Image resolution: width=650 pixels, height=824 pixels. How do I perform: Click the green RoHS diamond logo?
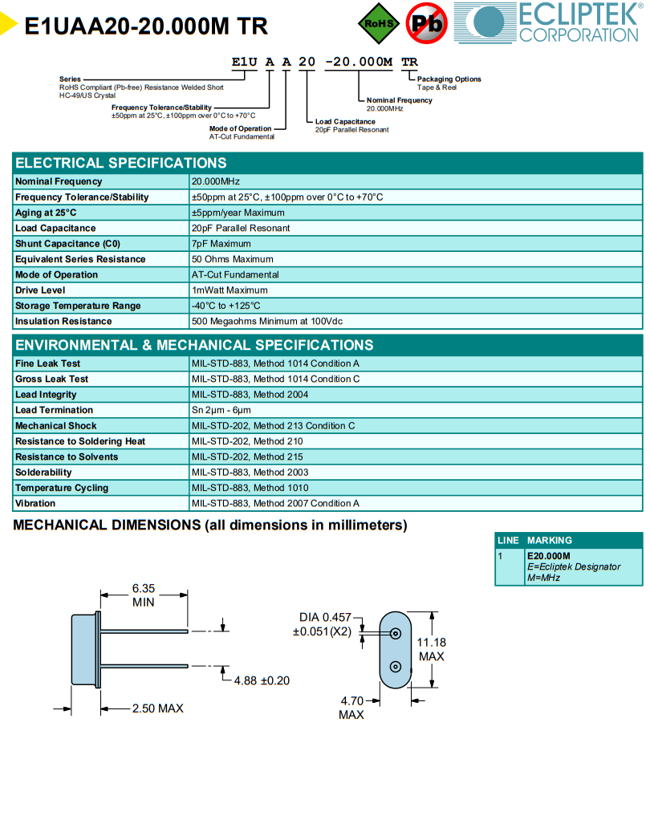click(x=379, y=23)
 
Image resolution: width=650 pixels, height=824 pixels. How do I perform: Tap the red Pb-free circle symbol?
click(x=427, y=23)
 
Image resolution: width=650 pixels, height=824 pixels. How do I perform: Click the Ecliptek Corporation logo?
click(x=549, y=22)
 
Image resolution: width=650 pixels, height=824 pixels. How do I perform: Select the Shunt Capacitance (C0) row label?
click(x=67, y=244)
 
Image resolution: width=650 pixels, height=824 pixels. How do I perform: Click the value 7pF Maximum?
click(x=221, y=244)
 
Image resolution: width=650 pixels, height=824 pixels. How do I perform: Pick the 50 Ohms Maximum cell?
click(x=232, y=259)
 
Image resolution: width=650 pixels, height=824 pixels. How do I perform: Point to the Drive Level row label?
click(x=40, y=290)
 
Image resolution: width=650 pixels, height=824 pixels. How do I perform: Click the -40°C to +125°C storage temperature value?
click(x=226, y=306)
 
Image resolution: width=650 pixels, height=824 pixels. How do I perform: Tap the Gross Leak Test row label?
click(x=52, y=379)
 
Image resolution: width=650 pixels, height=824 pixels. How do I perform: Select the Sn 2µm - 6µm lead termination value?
click(x=221, y=410)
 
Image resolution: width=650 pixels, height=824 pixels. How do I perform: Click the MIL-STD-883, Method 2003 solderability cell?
click(x=250, y=473)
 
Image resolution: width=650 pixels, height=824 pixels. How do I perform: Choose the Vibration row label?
click(x=35, y=503)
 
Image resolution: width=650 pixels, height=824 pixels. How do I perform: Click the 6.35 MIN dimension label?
click(x=144, y=595)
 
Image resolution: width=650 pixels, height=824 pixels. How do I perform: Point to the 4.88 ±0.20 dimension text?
click(x=262, y=680)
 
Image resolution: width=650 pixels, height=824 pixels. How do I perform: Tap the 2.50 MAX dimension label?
click(x=157, y=708)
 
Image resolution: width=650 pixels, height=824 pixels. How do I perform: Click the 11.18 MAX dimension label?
click(x=432, y=650)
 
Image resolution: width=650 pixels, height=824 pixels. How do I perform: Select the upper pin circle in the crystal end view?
click(x=396, y=634)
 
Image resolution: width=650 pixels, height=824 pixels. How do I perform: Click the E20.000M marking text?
click(x=549, y=556)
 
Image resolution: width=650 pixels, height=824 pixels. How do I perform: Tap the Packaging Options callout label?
click(x=449, y=79)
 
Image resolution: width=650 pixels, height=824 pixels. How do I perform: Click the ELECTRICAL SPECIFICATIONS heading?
click(x=121, y=163)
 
